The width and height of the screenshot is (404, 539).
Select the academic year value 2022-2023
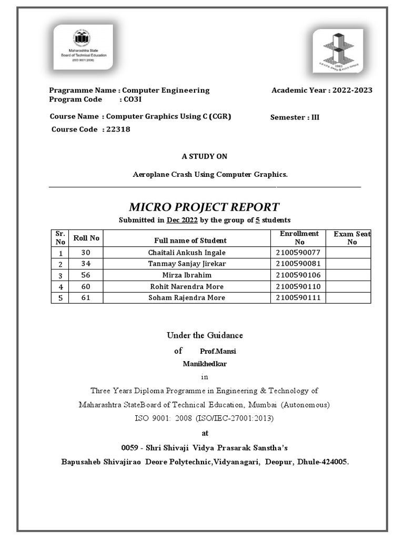(351, 90)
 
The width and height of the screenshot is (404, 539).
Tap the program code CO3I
(130, 99)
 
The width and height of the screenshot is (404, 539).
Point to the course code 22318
(118, 129)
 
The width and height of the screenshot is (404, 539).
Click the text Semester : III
(295, 117)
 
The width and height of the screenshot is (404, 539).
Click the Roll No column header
(86, 238)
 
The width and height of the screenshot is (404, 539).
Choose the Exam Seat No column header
(351, 238)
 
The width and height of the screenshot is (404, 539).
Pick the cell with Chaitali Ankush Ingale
(187, 253)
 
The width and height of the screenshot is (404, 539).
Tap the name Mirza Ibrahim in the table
(187, 275)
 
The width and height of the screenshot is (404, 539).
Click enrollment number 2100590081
(298, 264)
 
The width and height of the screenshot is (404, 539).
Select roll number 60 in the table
(86, 287)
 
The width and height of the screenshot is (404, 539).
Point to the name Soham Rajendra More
(187, 298)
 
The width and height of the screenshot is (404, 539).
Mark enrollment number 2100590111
(298, 298)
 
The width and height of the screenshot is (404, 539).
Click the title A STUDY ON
(205, 156)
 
